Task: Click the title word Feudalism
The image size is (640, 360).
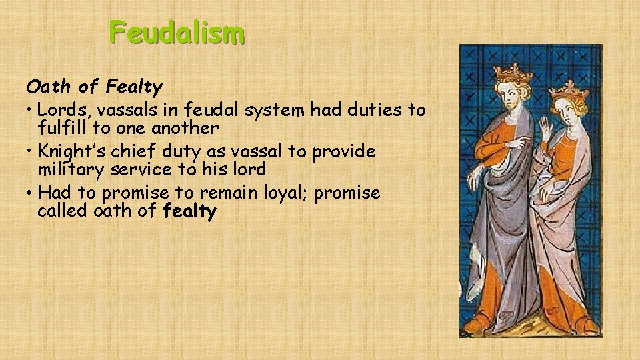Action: [x=177, y=32]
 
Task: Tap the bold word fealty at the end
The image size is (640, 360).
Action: [x=189, y=212]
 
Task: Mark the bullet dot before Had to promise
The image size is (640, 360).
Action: [x=31, y=194]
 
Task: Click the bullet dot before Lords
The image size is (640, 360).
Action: [x=31, y=109]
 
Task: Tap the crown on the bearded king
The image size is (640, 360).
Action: [x=513, y=71]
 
